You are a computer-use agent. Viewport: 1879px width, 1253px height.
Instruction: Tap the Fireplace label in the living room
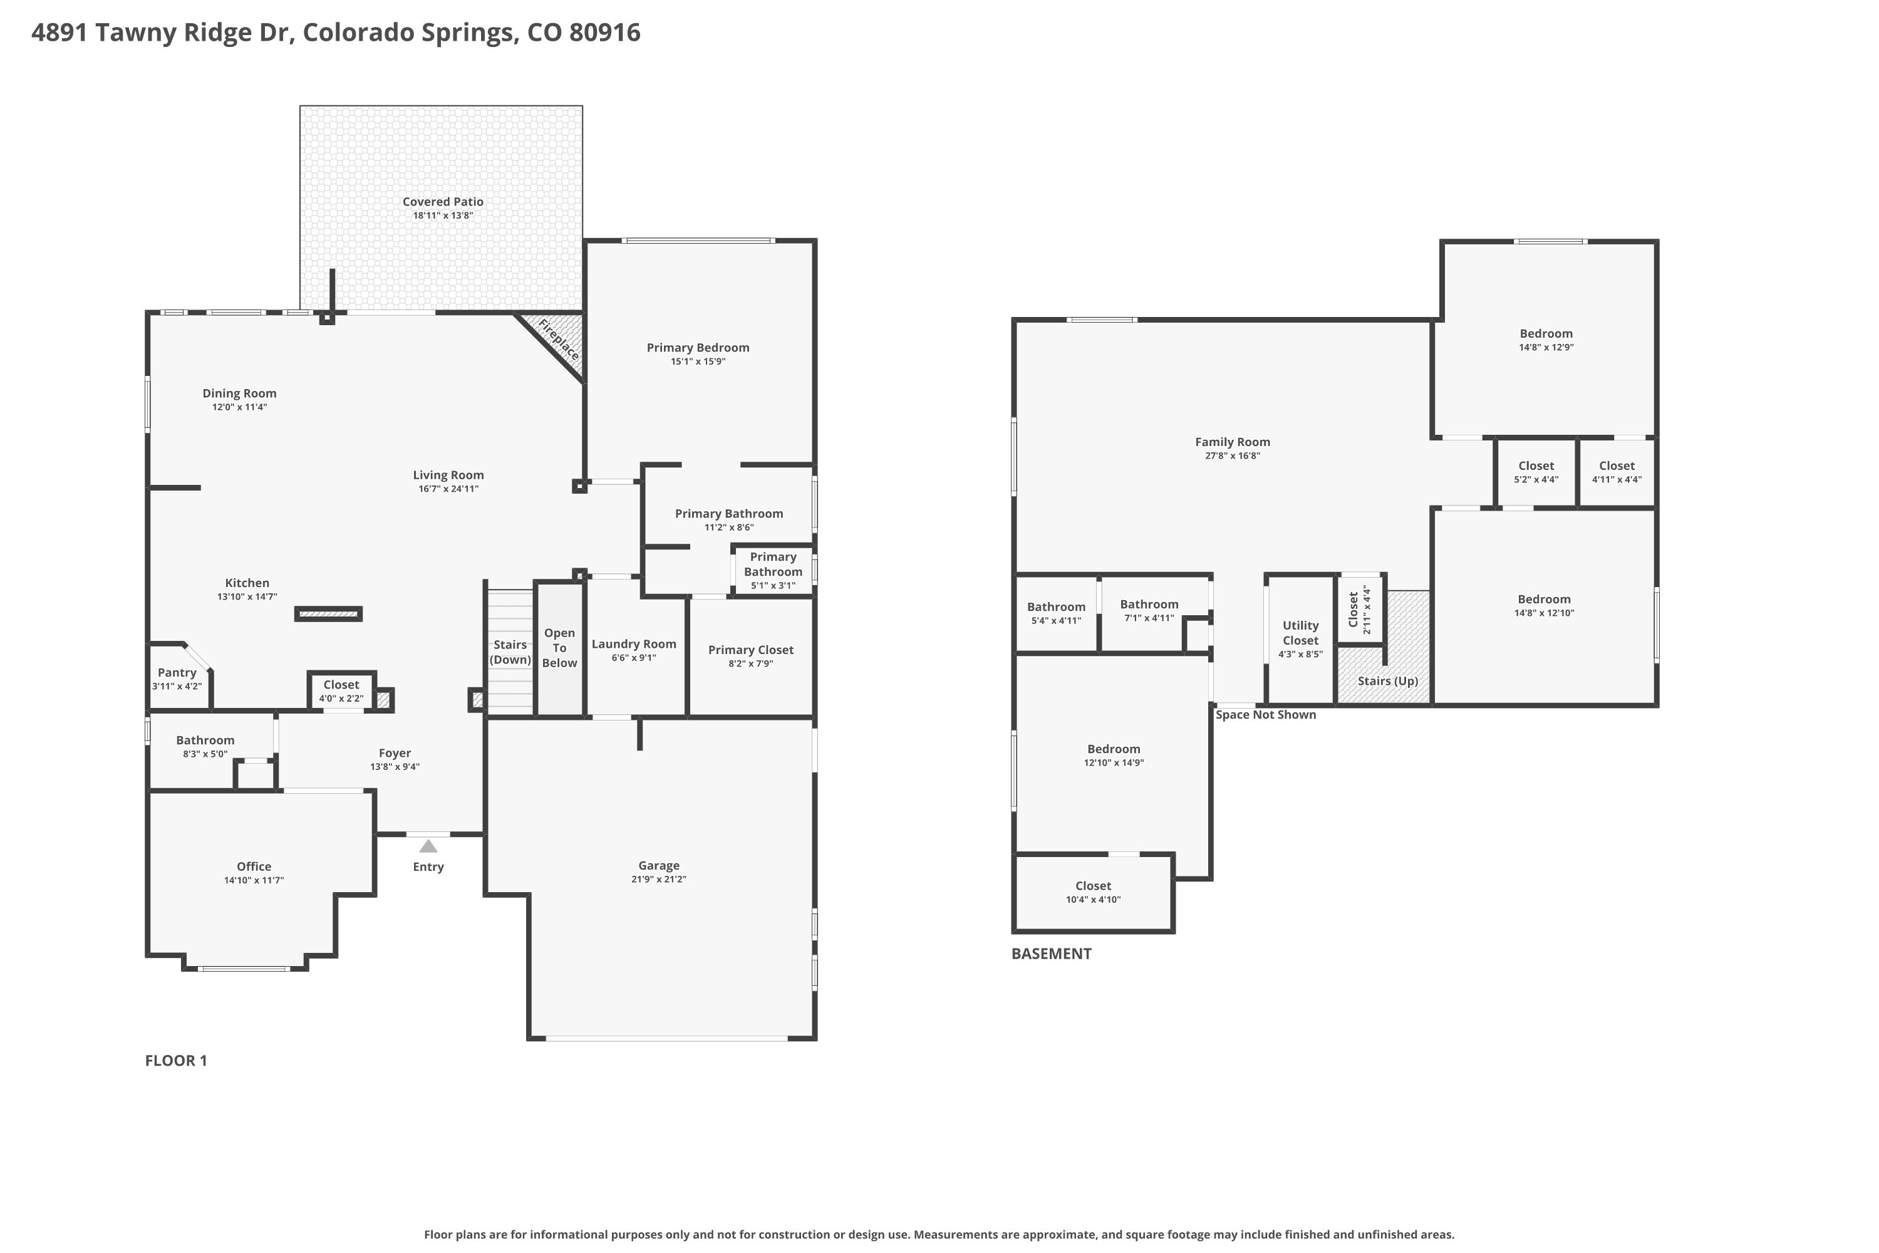pyautogui.click(x=559, y=339)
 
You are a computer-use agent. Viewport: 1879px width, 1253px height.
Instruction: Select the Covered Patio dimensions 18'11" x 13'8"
pyautogui.click(x=443, y=216)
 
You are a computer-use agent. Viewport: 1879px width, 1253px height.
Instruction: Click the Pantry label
pyautogui.click(x=177, y=673)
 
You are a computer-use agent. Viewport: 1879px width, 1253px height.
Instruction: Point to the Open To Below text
pyautogui.click(x=559, y=648)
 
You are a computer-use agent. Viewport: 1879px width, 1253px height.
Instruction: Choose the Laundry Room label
pyautogui.click(x=633, y=644)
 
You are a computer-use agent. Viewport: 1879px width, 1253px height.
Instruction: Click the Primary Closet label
pyautogui.click(x=751, y=650)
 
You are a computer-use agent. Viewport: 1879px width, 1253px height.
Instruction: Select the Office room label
pyautogui.click(x=254, y=866)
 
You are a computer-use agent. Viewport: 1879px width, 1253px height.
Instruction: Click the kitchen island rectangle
pyautogui.click(x=328, y=614)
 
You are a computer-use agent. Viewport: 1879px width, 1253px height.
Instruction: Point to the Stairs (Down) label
pyautogui.click(x=510, y=652)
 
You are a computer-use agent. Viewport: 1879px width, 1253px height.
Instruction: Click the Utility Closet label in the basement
pyautogui.click(x=1301, y=633)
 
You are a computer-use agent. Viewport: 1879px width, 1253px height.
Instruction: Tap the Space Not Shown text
pyautogui.click(x=1265, y=714)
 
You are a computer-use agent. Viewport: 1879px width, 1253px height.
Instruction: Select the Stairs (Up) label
pyautogui.click(x=1388, y=681)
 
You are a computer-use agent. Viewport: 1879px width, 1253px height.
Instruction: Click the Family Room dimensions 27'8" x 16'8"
pyautogui.click(x=1233, y=456)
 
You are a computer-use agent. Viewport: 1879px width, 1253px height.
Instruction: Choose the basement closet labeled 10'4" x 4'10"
pyautogui.click(x=1093, y=893)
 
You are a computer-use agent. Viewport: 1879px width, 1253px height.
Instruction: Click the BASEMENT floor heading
pyautogui.click(x=1052, y=954)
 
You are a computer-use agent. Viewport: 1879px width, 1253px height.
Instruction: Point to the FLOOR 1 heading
pyautogui.click(x=176, y=1061)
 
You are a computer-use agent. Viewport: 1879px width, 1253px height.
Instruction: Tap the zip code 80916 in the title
pyautogui.click(x=605, y=32)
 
